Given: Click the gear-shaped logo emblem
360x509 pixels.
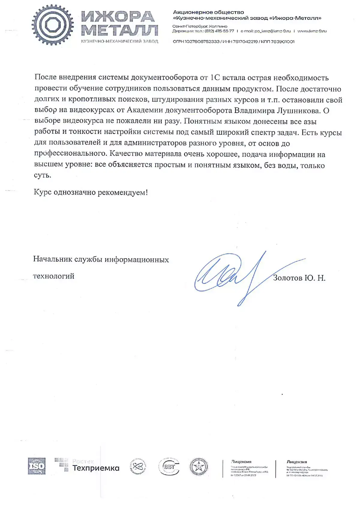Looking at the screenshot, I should (x=53, y=25).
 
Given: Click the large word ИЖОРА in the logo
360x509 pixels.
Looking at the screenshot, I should (x=118, y=17).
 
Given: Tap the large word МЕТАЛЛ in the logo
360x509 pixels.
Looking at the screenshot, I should (x=119, y=30).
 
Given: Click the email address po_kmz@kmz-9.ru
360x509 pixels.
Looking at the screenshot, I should (x=272, y=31).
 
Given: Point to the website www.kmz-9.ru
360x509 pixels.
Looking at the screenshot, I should (x=312, y=31).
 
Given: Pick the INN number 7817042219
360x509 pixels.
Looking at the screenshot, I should (x=245, y=42).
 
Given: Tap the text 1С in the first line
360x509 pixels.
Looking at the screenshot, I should (x=215, y=78).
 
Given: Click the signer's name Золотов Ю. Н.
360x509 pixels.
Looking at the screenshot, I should (x=299, y=278).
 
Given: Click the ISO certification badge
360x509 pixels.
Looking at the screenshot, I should (x=37, y=466).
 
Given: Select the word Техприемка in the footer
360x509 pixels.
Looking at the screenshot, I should (x=96, y=468).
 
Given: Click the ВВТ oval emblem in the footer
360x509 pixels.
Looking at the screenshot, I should (x=169, y=467).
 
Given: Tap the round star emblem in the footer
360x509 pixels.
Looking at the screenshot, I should (x=199, y=467).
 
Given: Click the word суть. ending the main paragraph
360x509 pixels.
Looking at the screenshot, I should (x=43, y=175).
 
